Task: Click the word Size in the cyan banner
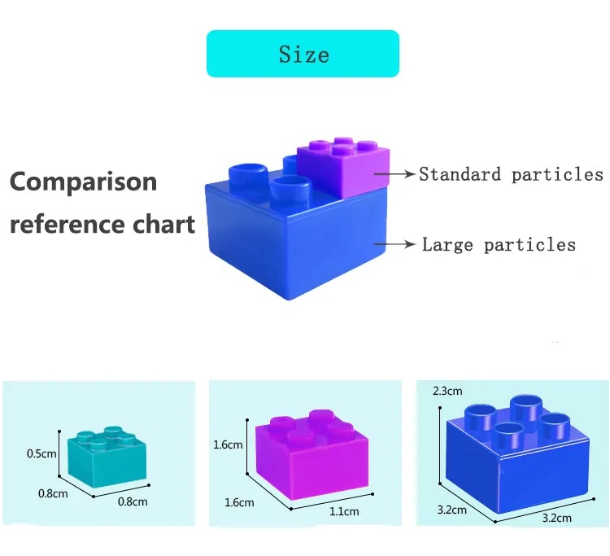click(x=304, y=54)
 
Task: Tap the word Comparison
click(x=83, y=182)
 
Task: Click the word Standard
click(x=460, y=174)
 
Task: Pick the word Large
click(x=447, y=245)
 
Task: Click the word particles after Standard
click(x=557, y=174)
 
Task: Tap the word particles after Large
click(x=529, y=245)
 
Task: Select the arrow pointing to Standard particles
click(x=394, y=173)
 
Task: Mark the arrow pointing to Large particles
click(x=394, y=244)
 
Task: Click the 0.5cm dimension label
click(x=41, y=453)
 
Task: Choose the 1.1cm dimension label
click(x=344, y=511)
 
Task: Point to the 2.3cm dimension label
click(x=447, y=391)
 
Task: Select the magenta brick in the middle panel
click(x=312, y=454)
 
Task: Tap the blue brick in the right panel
click(x=517, y=453)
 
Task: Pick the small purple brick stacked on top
click(x=343, y=167)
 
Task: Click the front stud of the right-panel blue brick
click(x=509, y=436)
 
